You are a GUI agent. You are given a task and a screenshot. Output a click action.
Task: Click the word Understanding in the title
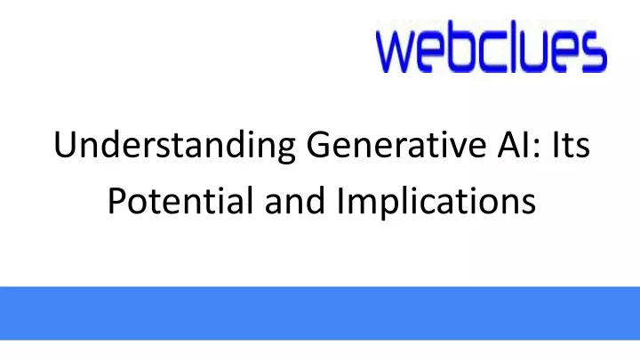pos(174,145)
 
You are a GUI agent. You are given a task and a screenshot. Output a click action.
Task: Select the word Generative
pos(396,144)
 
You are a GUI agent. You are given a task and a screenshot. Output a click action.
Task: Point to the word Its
pos(571,144)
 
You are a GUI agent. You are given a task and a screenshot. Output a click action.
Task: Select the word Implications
pos(436,202)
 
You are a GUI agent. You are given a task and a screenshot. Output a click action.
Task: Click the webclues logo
pos(491,46)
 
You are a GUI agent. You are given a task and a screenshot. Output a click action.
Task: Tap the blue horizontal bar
pos(320,313)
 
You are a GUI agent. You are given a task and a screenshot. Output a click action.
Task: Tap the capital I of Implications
pos(340,200)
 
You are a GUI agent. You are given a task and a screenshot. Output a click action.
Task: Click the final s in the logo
pos(595,52)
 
